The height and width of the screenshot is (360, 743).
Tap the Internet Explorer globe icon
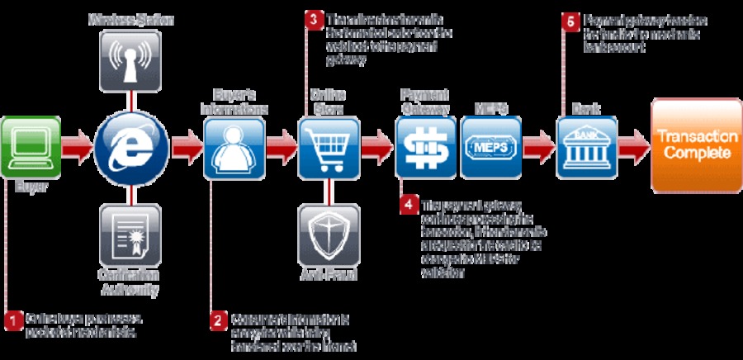(x=131, y=147)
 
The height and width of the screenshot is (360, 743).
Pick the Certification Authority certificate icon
(x=130, y=234)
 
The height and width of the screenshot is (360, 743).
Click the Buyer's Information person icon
(x=234, y=147)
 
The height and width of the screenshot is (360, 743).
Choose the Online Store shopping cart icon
(x=329, y=147)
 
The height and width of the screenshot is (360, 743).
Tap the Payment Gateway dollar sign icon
(x=425, y=147)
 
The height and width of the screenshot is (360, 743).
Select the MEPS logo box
(x=491, y=147)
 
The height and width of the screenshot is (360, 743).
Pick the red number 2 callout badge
(x=217, y=320)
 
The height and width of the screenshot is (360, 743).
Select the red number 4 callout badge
(x=409, y=205)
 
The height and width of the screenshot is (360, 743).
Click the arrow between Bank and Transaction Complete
(x=633, y=147)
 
